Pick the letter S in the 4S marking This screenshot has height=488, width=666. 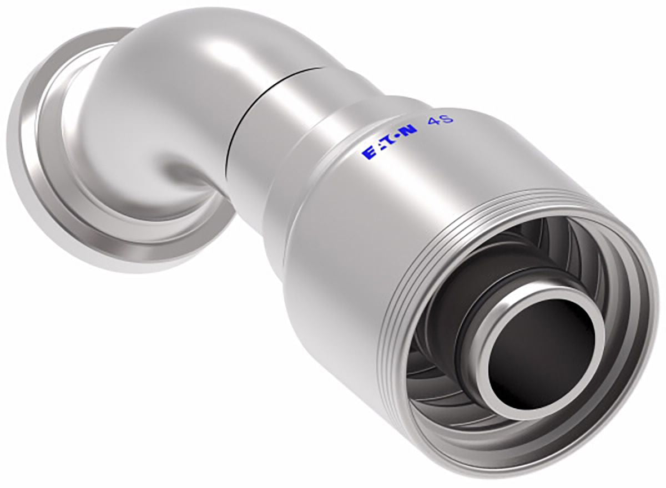pyautogui.click(x=447, y=119)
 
